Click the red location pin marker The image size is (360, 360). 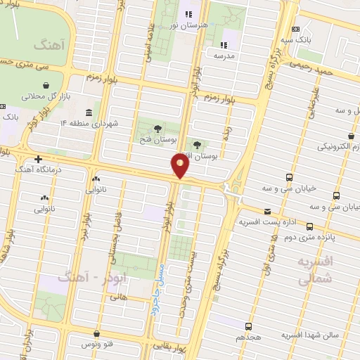tap(180, 166)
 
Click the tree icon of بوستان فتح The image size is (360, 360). tap(156, 129)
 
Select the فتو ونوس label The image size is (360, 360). tap(97, 345)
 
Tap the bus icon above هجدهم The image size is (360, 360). tap(248, 326)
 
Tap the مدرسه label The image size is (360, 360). tap(224, 54)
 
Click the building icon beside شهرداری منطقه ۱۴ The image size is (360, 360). tap(89, 112)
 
